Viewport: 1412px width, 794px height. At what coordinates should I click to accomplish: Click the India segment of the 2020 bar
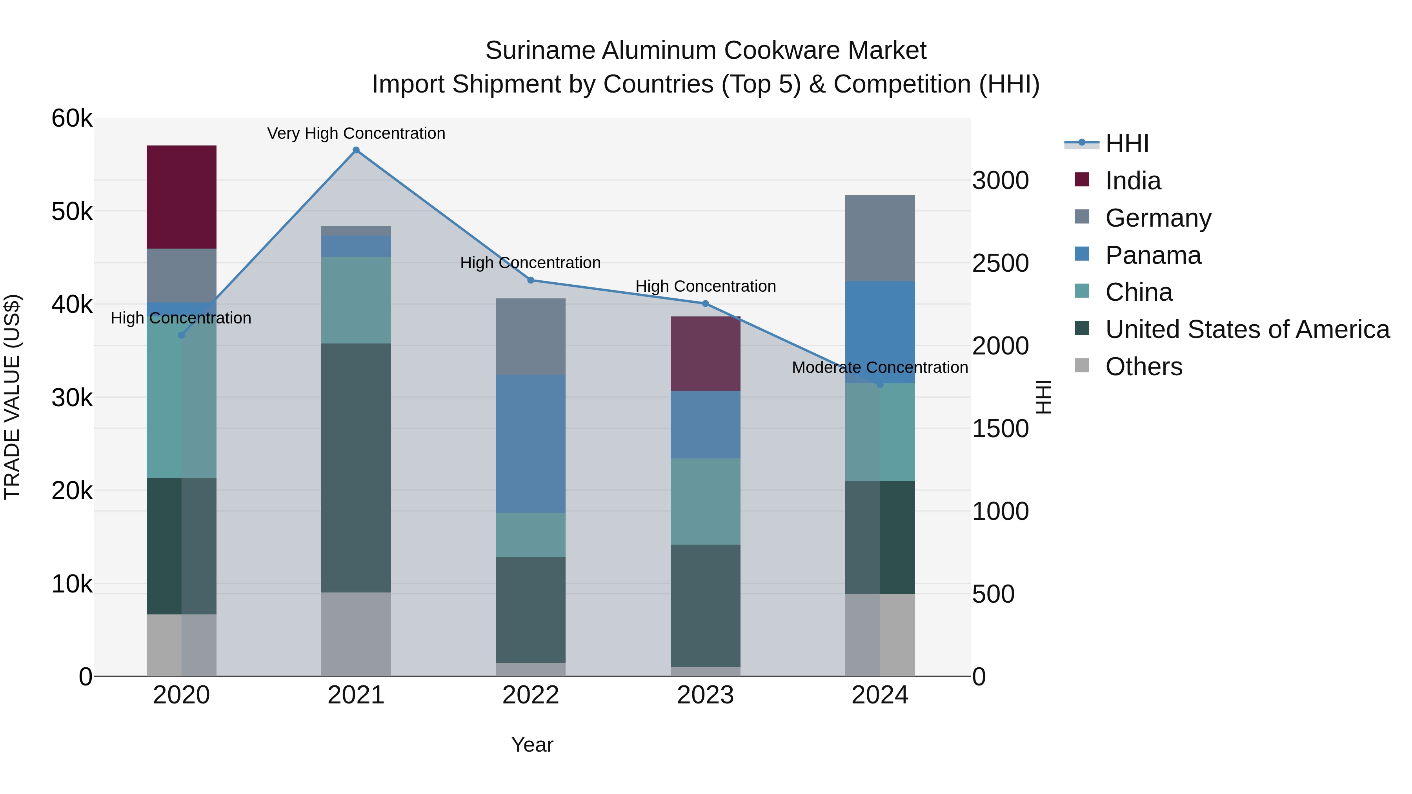(x=182, y=197)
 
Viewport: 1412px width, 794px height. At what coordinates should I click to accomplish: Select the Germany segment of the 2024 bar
(x=880, y=238)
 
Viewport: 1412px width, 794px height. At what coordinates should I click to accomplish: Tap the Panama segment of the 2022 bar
(x=530, y=444)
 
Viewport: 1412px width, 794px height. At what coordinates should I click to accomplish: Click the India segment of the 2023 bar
(x=706, y=353)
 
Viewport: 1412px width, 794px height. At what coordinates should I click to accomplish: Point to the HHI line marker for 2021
(x=356, y=150)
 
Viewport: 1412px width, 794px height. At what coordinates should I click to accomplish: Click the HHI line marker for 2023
(x=706, y=303)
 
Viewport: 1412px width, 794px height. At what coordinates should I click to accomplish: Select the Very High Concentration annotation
(x=356, y=134)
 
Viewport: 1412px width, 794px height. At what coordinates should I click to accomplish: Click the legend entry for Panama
(x=1153, y=255)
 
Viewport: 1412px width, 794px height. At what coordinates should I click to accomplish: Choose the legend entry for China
(x=1139, y=293)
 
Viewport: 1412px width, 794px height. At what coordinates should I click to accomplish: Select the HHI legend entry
(x=1126, y=144)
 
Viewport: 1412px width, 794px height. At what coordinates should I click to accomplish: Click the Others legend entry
(x=1143, y=367)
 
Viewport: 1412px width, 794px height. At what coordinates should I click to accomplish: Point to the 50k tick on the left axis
(x=72, y=211)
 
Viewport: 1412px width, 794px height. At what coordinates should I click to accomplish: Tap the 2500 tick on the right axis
(x=1000, y=263)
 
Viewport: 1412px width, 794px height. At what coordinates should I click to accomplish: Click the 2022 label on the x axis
(x=530, y=695)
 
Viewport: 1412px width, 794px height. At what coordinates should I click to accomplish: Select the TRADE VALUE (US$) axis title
(x=13, y=397)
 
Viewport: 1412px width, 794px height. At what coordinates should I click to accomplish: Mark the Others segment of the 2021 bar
(x=356, y=634)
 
